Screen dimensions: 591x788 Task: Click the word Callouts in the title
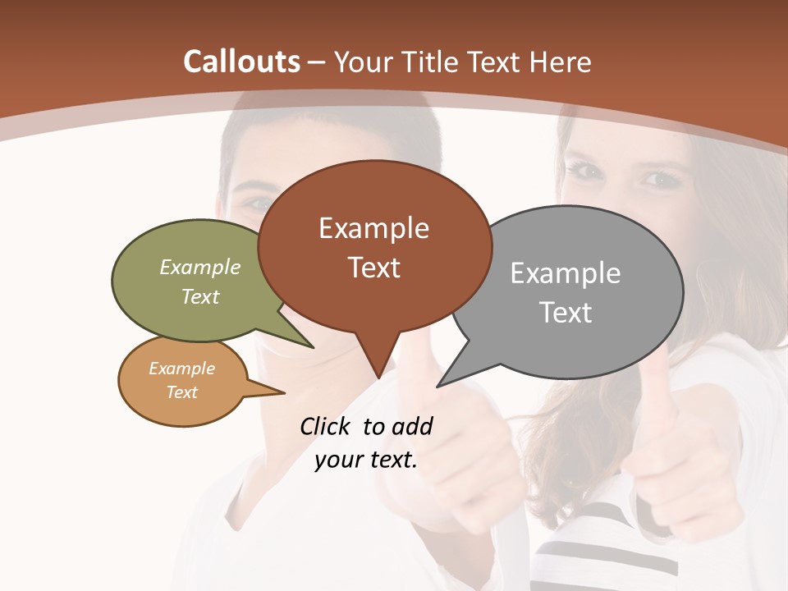point(241,62)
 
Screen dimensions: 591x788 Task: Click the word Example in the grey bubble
point(565,273)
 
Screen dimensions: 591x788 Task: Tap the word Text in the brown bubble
point(374,268)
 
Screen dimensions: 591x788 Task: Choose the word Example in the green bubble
point(200,268)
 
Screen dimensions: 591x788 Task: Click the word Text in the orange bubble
point(182,392)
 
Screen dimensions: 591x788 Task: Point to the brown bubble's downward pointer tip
point(378,377)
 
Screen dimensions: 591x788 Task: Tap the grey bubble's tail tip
point(439,386)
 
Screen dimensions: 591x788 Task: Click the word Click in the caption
point(326,426)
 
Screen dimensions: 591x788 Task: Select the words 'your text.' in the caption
point(366,460)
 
